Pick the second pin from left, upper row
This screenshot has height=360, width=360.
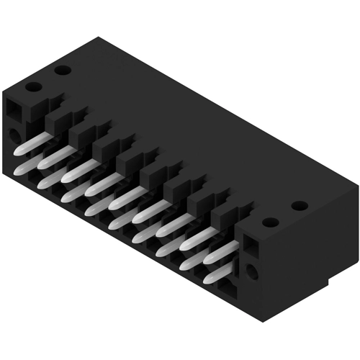[53, 156]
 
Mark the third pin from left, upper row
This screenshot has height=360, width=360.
[75, 168]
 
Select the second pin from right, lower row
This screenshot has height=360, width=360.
[193, 262]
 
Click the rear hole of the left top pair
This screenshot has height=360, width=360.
[62, 71]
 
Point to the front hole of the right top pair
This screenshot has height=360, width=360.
[269, 222]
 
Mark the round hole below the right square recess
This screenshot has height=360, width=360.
[251, 272]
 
